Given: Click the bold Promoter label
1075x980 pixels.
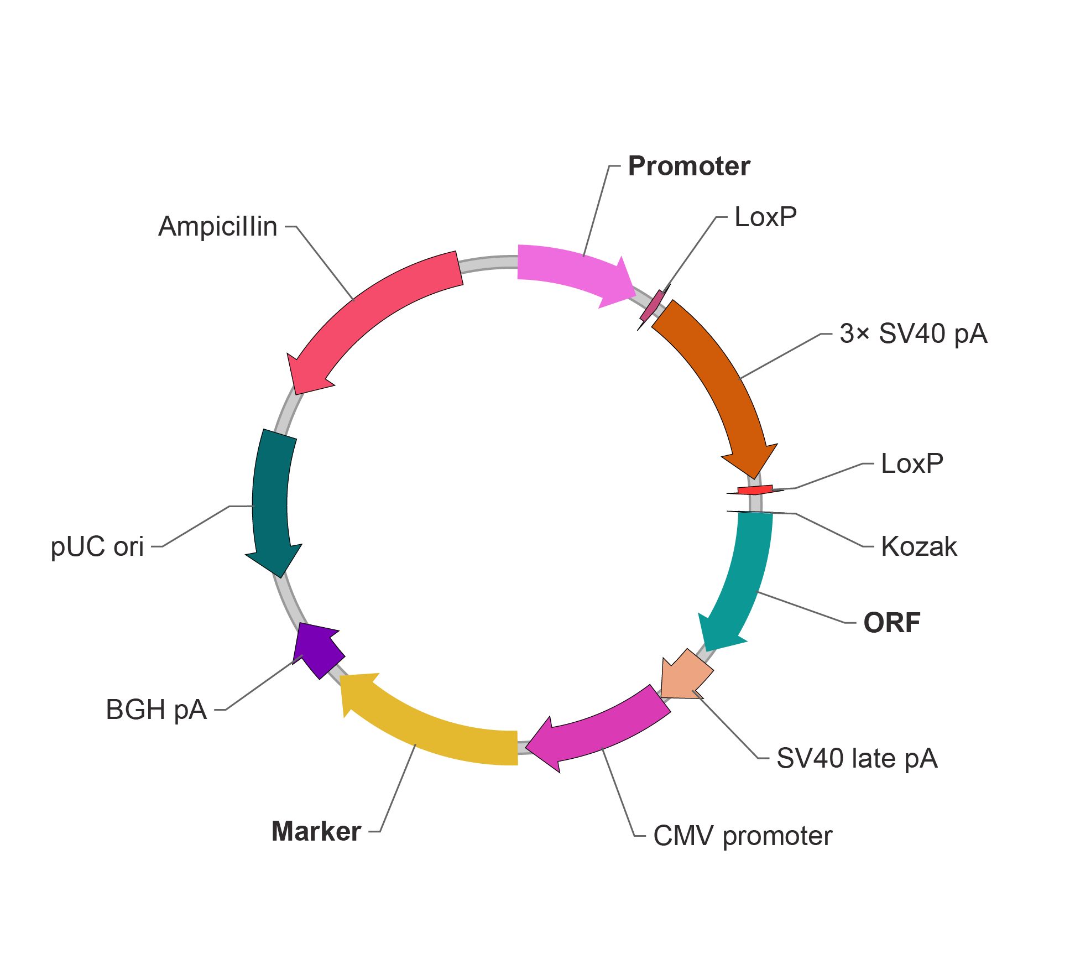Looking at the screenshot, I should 688,166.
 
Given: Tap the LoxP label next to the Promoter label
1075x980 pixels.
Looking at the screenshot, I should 765,217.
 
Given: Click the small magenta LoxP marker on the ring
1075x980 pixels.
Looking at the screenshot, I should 653,305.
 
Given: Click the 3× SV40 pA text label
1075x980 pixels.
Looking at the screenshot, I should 913,333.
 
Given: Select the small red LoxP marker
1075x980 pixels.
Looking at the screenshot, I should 755,490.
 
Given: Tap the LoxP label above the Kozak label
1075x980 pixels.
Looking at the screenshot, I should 911,463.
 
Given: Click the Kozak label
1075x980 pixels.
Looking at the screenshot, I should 919,546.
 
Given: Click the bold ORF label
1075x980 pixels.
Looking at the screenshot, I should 891,623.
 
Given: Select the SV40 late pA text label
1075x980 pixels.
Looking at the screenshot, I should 857,758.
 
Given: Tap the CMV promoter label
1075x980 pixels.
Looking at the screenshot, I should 742,836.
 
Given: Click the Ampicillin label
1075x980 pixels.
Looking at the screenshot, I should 218,226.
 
